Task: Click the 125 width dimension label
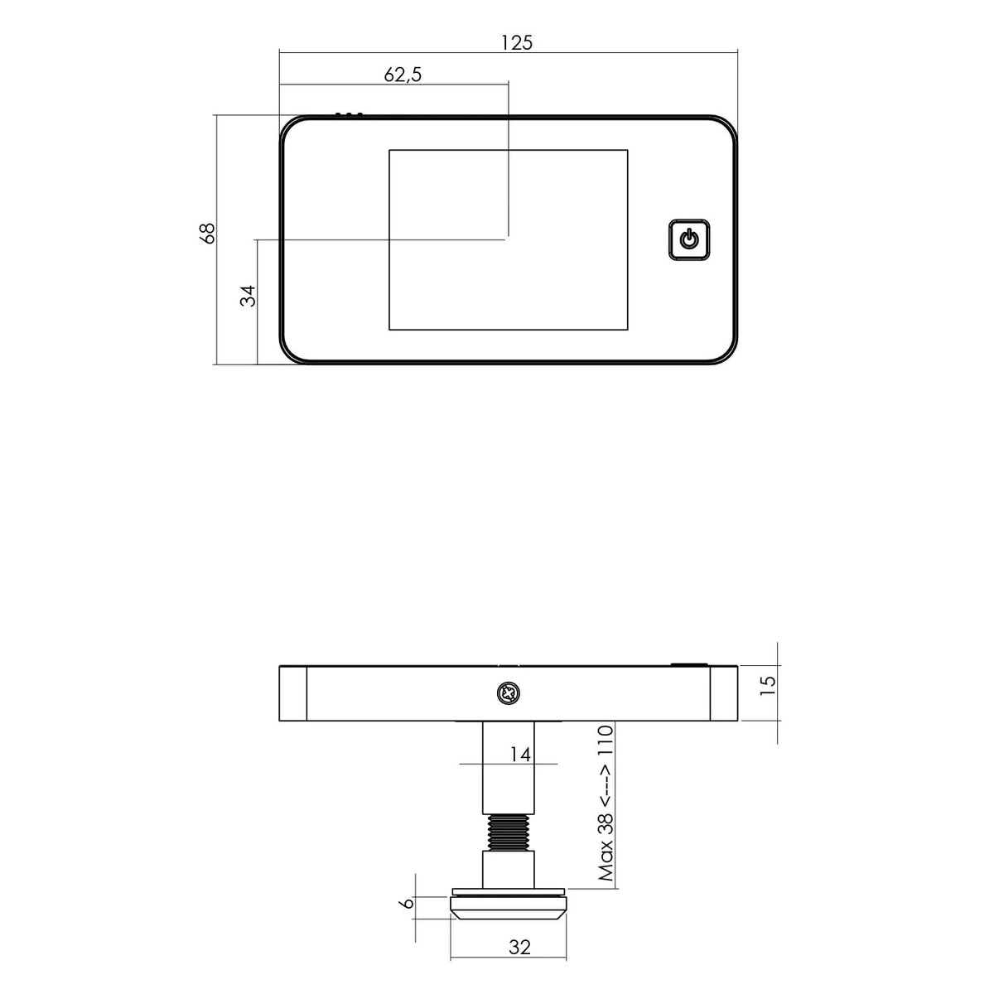tap(516, 43)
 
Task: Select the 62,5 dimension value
tap(403, 75)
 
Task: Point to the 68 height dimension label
tap(207, 233)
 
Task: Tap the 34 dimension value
tap(248, 296)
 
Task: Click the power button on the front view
tap(689, 240)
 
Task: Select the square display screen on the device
tap(508, 240)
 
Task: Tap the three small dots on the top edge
tap(349, 114)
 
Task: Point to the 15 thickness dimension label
tap(768, 686)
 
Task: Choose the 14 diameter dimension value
tap(520, 755)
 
